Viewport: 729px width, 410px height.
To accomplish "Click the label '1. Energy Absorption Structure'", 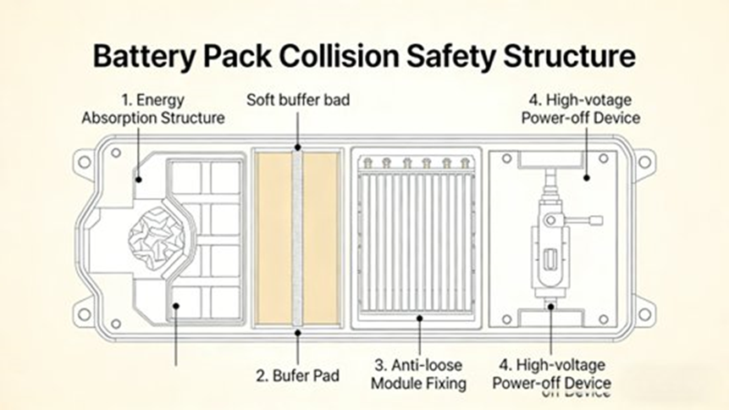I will point(153,109).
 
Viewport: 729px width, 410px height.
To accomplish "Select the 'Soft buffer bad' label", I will point(298,100).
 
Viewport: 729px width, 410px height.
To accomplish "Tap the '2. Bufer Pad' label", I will point(298,374).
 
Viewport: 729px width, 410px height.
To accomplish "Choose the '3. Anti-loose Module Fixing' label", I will point(420,374).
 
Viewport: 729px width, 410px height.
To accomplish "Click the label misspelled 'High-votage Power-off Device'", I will point(577,109).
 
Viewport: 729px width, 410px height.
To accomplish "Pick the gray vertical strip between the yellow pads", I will point(298,238).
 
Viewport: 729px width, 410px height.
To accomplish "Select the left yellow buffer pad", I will point(274,238).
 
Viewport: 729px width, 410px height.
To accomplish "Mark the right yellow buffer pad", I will point(322,238).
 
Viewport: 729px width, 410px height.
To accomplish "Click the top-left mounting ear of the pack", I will point(85,160).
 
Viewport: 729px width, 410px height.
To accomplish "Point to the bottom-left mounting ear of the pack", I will point(85,314).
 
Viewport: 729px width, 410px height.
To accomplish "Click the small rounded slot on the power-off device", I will point(551,258).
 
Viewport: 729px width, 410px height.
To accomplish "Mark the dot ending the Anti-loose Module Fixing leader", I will point(420,319).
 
